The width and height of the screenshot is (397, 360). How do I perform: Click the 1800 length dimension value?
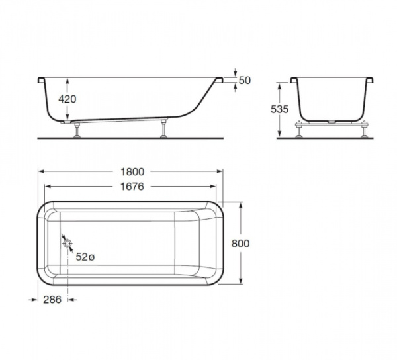pos(132,171)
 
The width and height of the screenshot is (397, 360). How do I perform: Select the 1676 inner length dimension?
pos(132,187)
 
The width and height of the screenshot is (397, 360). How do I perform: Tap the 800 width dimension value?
pos(242,243)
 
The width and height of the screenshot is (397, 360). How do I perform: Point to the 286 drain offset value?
pos(52,300)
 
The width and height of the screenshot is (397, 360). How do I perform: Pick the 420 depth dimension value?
pos(68,99)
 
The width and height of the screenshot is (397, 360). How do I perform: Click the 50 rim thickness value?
pos(244,80)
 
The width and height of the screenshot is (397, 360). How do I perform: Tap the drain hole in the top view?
pos(67,244)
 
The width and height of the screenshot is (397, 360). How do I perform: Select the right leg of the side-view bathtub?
pos(163,130)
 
